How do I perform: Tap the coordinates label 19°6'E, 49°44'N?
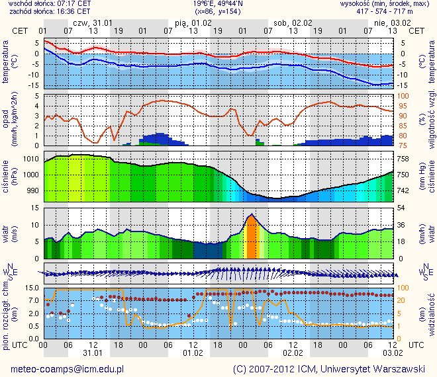tap(218, 3)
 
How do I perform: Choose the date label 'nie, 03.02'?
tap(387, 22)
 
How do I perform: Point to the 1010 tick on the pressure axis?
tap(31, 159)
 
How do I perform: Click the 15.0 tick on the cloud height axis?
tap(29, 288)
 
